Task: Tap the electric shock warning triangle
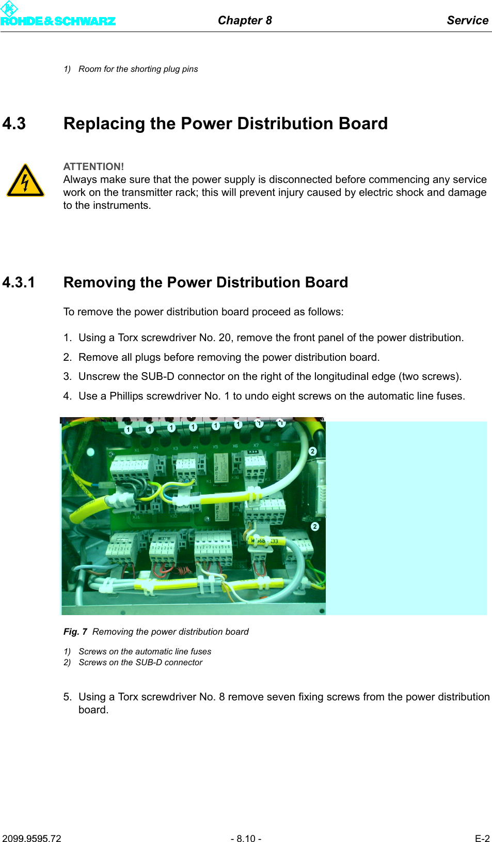[x=25, y=181]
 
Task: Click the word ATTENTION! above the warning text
[x=93, y=166]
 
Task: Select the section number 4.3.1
[x=19, y=282]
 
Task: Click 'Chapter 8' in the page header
[x=245, y=20]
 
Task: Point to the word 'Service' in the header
[x=467, y=20]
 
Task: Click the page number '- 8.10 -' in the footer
[x=246, y=838]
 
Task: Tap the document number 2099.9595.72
[x=31, y=838]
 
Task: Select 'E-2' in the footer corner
[x=482, y=838]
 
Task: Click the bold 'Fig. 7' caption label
[x=75, y=632]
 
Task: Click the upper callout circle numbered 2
[x=312, y=451]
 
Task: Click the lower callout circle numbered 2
[x=315, y=526]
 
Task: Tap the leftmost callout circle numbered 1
[x=129, y=430]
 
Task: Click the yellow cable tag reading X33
[x=274, y=541]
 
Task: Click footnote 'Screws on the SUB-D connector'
[x=140, y=662]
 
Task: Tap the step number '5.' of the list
[x=68, y=697]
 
